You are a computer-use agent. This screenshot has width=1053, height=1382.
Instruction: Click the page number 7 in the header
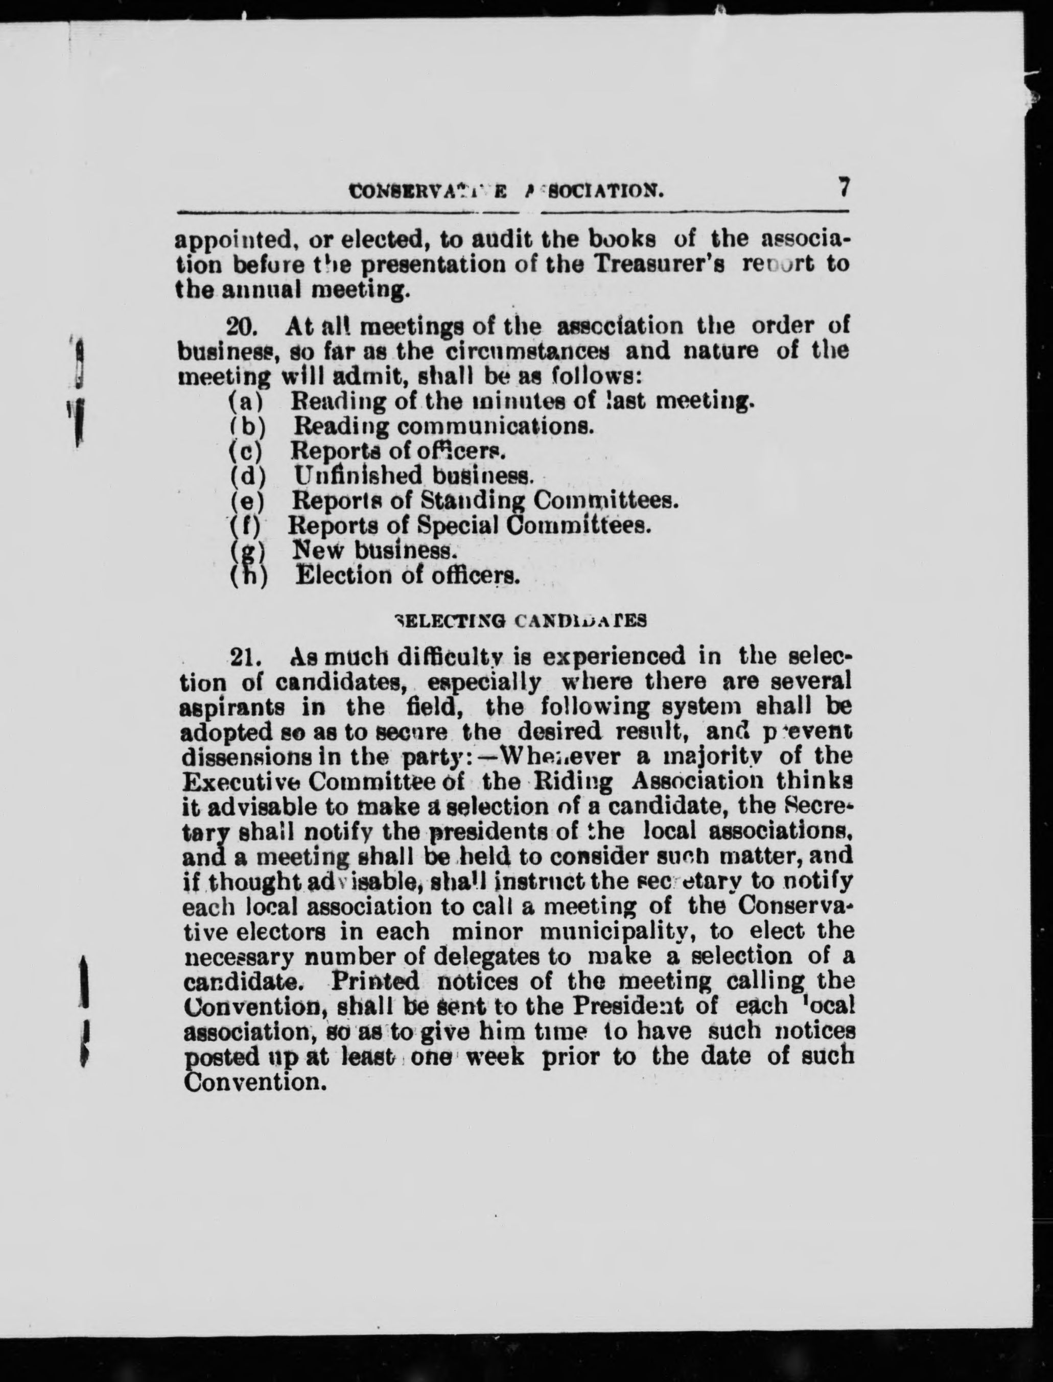click(844, 187)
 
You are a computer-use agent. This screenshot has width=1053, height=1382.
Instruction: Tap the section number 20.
click(238, 326)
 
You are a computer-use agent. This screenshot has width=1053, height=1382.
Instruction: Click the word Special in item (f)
click(458, 525)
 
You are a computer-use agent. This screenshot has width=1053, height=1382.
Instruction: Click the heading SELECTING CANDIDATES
click(520, 621)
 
